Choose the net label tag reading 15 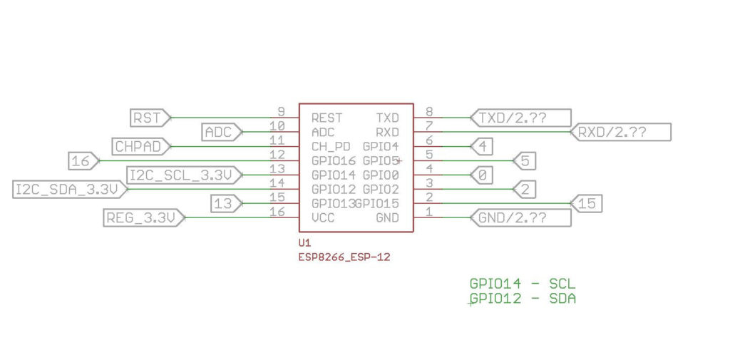point(587,204)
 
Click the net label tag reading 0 point(482,175)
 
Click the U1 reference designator point(304,243)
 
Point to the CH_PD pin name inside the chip point(331,146)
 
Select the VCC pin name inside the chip point(323,217)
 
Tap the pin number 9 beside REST point(281,112)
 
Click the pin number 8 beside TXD point(428,112)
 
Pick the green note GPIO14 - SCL point(522,284)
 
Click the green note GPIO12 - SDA point(522,299)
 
